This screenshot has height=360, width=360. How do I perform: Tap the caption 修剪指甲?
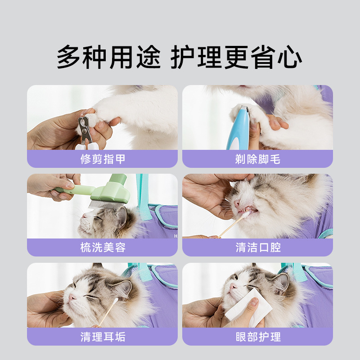click(x=103, y=159)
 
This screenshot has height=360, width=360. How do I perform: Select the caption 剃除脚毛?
click(x=257, y=159)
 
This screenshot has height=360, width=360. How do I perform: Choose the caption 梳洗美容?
click(x=103, y=247)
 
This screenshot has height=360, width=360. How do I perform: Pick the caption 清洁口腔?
click(x=257, y=247)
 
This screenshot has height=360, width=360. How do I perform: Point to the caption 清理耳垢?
click(x=103, y=337)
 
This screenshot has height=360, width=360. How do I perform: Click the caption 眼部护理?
click(x=257, y=337)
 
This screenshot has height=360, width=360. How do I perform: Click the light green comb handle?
click(x=74, y=190)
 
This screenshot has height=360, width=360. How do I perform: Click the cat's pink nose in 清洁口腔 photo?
click(x=237, y=203)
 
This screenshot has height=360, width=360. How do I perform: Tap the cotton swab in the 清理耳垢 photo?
click(x=108, y=310)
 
